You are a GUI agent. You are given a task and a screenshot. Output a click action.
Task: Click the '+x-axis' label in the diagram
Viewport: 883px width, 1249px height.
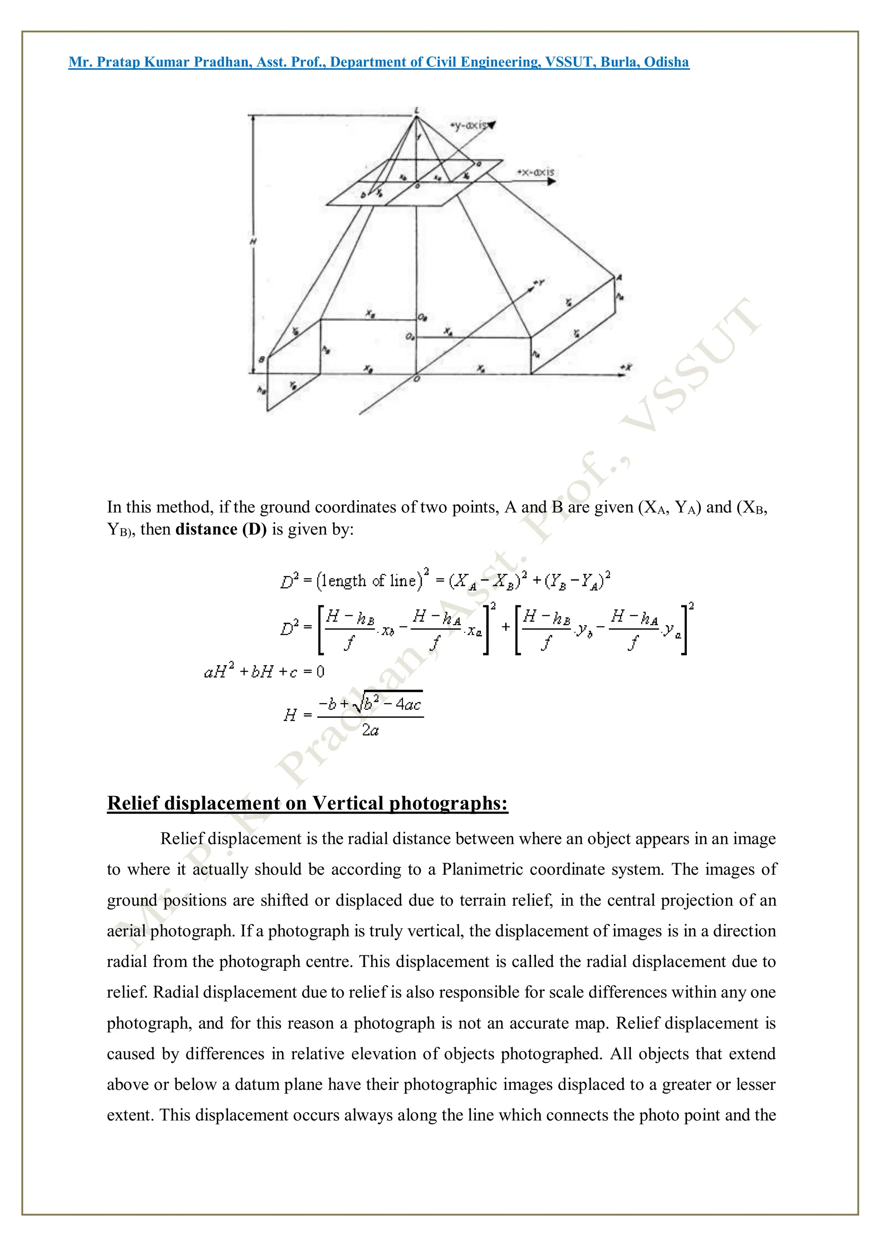tap(535, 172)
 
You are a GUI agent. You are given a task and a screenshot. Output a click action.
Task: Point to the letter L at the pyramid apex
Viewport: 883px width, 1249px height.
tap(417, 111)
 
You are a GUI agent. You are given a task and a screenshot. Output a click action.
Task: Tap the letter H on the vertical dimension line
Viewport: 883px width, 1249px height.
tap(253, 241)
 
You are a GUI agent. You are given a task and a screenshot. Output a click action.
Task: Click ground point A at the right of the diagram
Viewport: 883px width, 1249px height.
tap(619, 277)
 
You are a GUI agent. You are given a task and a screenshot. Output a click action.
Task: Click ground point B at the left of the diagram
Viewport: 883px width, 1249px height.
tap(262, 360)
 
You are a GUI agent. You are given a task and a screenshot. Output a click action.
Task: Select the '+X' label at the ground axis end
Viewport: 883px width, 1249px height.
tap(626, 367)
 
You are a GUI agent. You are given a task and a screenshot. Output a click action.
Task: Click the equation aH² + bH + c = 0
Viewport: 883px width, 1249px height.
tap(264, 672)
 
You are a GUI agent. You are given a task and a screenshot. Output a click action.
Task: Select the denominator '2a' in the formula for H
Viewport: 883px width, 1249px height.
tap(370, 730)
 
